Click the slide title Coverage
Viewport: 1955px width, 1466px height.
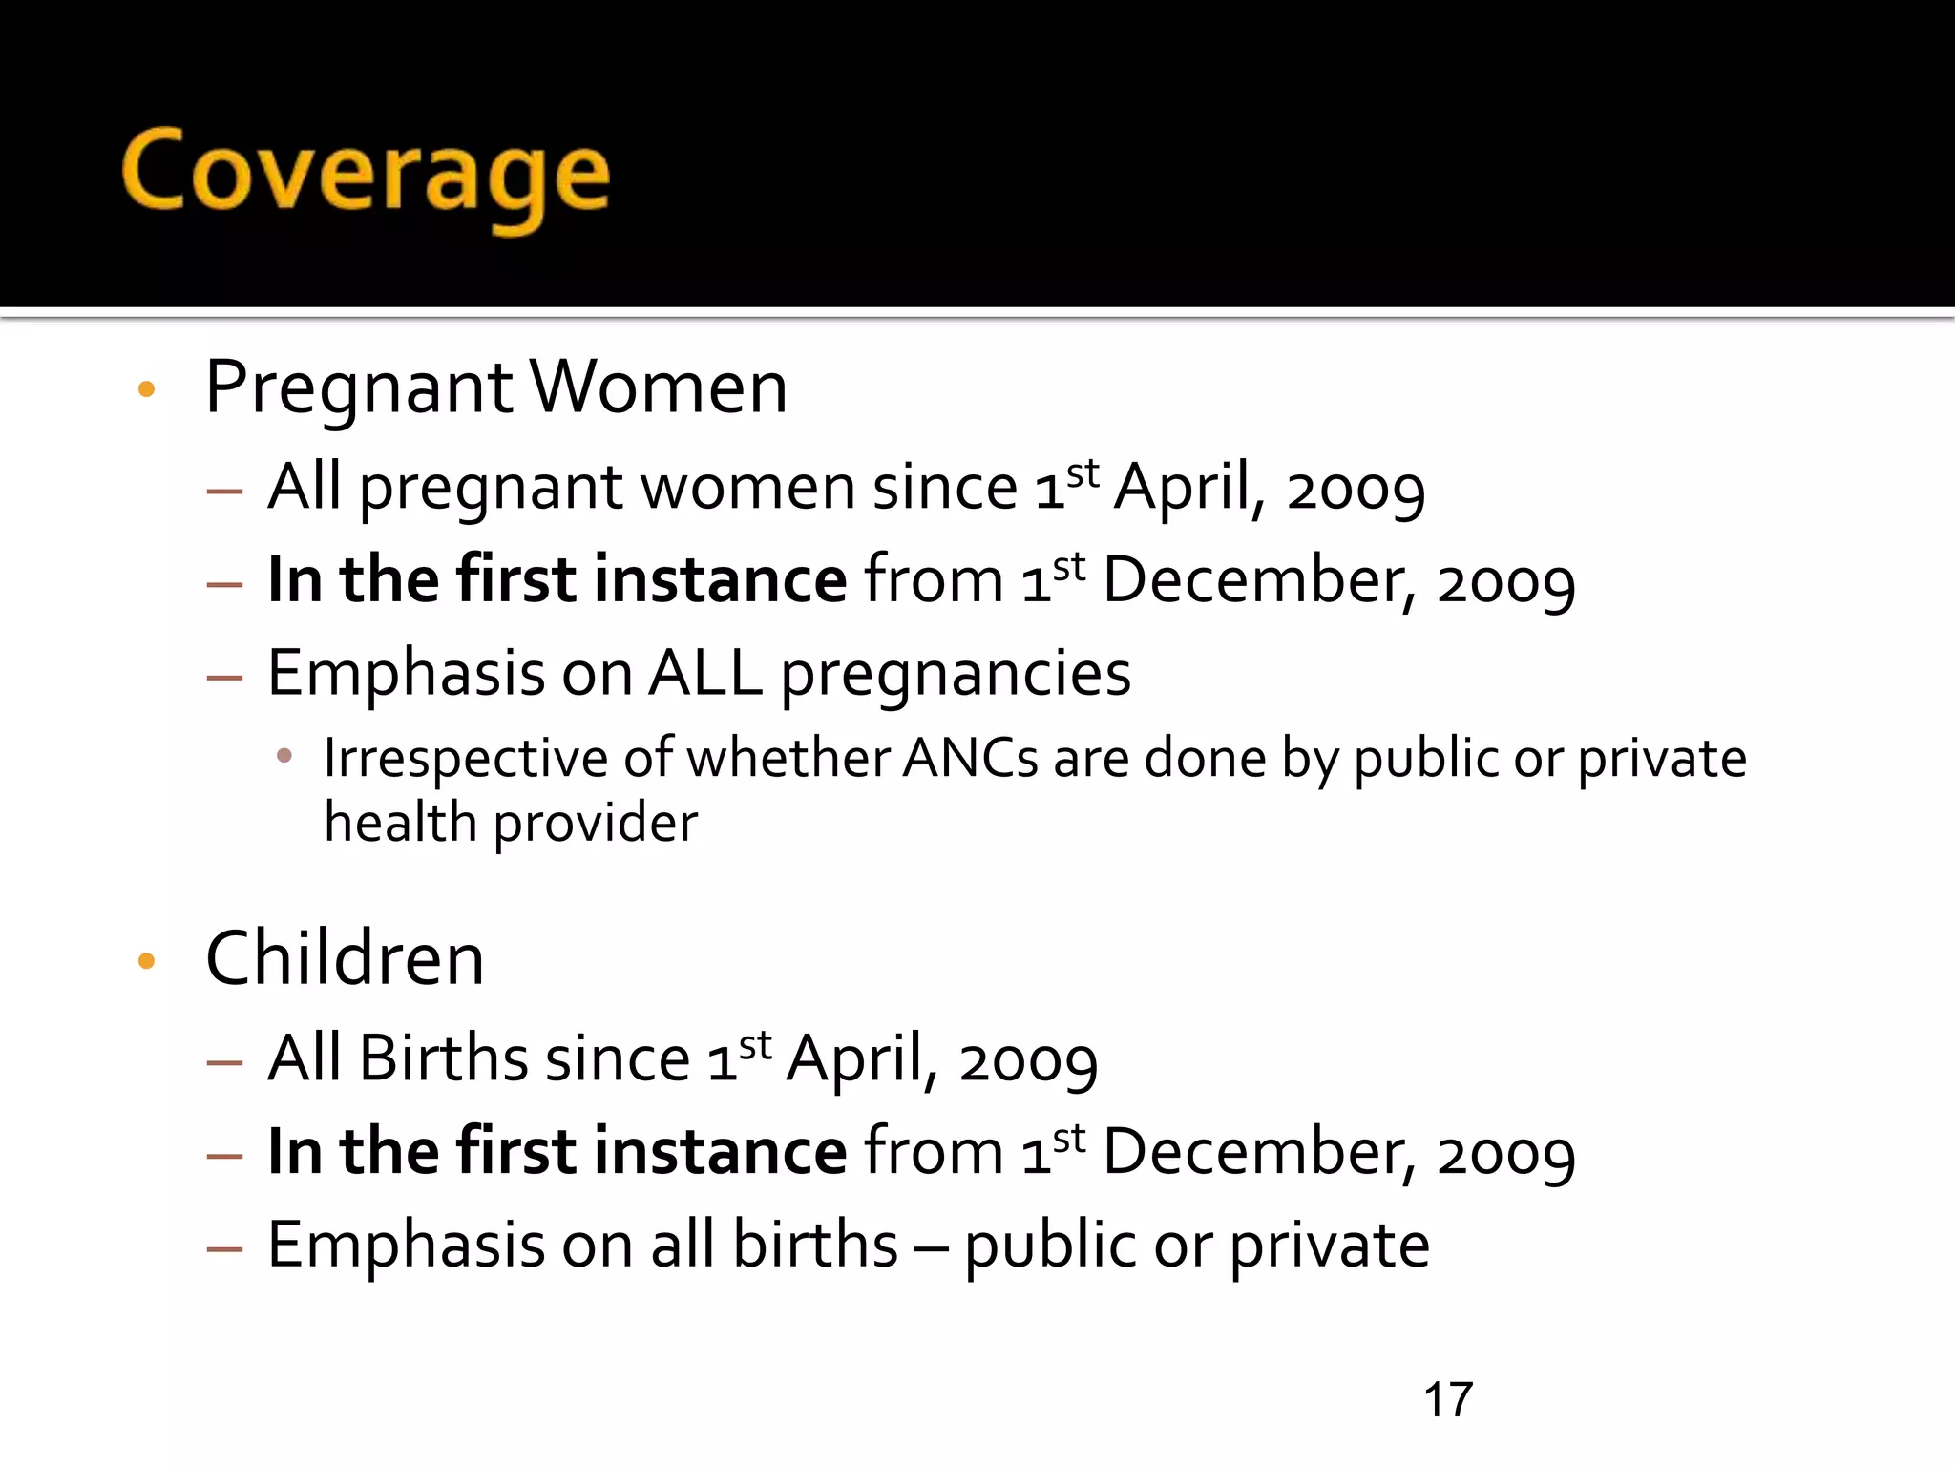pos(366,175)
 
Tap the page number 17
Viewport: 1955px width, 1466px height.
pos(1447,1400)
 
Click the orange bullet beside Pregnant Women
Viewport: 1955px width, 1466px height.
pos(146,388)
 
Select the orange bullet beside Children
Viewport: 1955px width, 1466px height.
pos(146,960)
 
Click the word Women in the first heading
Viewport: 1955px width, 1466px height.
pos(659,387)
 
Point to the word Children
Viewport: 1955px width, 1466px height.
pos(345,958)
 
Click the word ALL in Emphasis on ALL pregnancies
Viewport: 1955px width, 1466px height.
pos(705,673)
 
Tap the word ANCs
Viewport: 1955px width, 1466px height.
pos(970,759)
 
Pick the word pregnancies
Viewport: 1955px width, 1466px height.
pos(956,675)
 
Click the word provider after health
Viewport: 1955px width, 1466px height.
pos(596,824)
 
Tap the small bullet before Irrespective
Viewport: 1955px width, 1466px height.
pos(284,756)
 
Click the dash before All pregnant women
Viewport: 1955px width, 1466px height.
pos(224,492)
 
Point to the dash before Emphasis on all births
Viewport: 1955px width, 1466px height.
pos(224,1248)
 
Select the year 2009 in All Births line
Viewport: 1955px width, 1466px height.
pos(1028,1061)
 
